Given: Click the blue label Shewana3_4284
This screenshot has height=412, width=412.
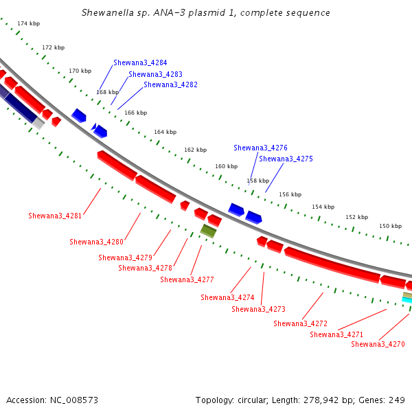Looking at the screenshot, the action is (140, 62).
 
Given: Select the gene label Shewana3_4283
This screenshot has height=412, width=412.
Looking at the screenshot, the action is (155, 74).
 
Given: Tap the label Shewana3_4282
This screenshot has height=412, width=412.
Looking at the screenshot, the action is (170, 84).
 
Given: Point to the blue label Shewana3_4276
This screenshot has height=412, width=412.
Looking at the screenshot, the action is (260, 148).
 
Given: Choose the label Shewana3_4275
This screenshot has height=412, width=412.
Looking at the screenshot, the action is (286, 159).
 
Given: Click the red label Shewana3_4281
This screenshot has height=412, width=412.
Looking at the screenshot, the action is (55, 216).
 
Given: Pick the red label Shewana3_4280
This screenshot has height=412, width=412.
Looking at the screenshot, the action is (96, 242).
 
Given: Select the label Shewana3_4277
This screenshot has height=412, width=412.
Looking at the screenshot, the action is (187, 279).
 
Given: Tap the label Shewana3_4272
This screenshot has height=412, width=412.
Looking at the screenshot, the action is (300, 323).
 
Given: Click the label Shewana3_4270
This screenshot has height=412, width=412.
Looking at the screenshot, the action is (378, 344).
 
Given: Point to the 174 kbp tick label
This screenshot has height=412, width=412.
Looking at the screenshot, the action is (29, 23).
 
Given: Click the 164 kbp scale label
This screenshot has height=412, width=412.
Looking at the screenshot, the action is (165, 132).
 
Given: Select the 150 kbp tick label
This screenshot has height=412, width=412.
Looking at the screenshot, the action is (391, 226).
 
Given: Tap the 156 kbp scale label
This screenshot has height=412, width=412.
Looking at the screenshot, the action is (290, 194).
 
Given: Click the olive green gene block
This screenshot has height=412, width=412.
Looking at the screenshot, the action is (208, 231).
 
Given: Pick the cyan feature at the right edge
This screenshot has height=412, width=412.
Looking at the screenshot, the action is (407, 300).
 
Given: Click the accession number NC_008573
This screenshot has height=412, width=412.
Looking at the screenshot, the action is (74, 400).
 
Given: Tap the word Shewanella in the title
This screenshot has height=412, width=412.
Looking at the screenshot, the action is (108, 12).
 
